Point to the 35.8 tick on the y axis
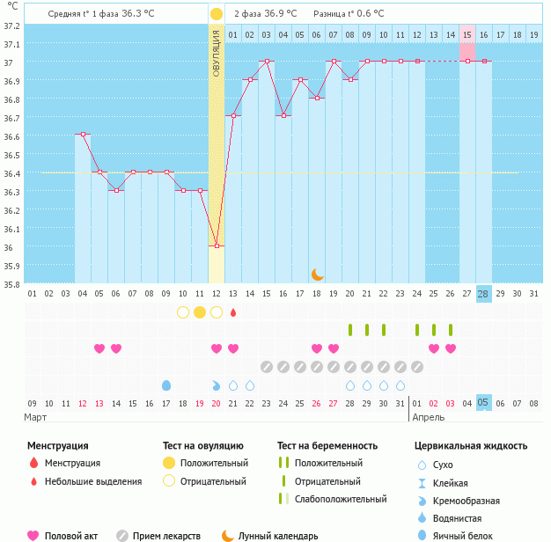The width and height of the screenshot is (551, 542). tap(11, 284)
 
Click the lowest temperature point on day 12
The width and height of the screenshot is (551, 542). tap(217, 246)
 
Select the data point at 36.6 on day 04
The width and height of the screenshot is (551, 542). tap(82, 135)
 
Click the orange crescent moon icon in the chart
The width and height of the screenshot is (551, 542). tap(317, 275)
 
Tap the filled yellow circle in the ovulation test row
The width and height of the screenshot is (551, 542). tap(200, 312)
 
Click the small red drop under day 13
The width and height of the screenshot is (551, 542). tap(233, 312)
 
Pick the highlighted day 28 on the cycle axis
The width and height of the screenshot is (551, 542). tap(483, 293)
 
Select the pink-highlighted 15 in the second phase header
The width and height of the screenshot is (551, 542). tap(467, 34)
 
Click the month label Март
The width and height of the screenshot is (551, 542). tap(36, 417)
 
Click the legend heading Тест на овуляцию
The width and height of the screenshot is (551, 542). tap(203, 446)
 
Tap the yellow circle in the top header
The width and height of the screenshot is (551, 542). tap(217, 14)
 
